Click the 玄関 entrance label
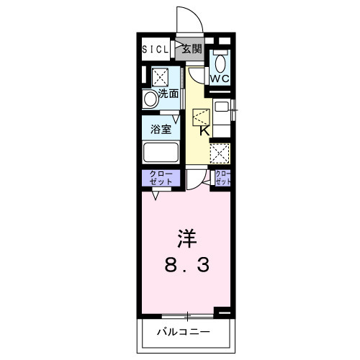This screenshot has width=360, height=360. coord(192,50)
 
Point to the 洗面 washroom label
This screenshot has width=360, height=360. coord(168,94)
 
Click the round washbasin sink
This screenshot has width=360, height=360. coord(150,99)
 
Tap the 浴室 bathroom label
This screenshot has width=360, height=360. coord(161,130)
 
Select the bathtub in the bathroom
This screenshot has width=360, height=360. coord(161,153)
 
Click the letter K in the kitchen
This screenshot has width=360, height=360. coord(204,131)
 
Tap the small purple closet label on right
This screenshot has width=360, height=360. coord(223,178)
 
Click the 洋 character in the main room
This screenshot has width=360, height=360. coord(185,237)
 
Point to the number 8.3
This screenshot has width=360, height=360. coord(185,266)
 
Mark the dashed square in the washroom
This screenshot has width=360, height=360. coord(159,76)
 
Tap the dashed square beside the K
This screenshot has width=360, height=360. coord(201,117)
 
